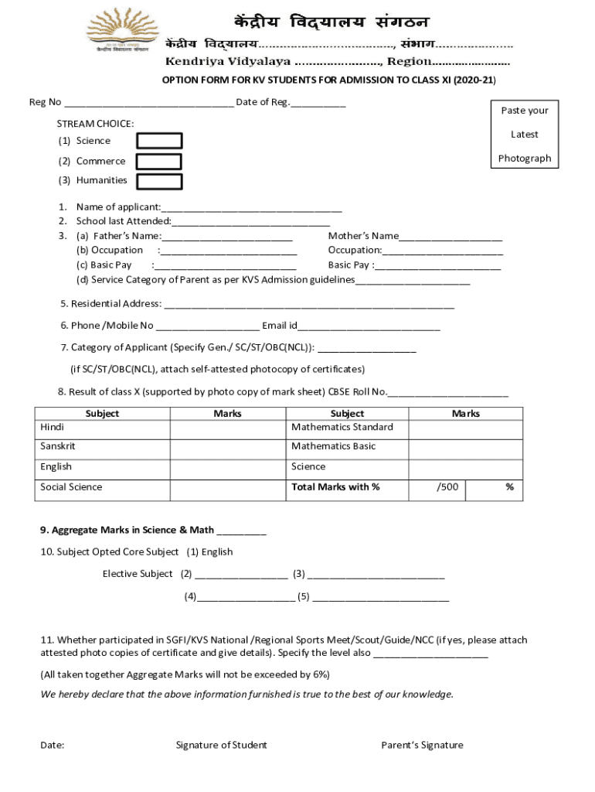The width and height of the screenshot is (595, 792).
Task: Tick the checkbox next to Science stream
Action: [x=159, y=141]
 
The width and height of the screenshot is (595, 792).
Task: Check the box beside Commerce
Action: [x=159, y=161]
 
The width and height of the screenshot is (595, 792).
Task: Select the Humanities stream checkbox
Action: [x=159, y=181]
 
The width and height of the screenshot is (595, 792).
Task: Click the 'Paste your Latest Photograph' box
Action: [x=524, y=134]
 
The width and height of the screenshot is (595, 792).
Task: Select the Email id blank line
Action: [x=369, y=326]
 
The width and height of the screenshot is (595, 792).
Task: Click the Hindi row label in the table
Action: [x=53, y=428]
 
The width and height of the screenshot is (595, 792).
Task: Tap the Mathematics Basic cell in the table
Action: [x=333, y=446]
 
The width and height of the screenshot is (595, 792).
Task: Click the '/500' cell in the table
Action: [x=447, y=487]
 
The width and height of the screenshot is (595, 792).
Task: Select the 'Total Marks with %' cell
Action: [x=335, y=487]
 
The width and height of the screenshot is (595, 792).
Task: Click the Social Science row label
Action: [x=71, y=487]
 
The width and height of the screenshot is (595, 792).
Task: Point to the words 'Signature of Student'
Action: [x=221, y=746]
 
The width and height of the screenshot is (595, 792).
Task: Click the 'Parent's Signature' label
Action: [x=422, y=746]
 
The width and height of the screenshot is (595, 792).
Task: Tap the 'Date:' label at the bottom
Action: [x=53, y=746]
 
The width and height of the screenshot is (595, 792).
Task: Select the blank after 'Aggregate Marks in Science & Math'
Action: [x=241, y=531]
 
